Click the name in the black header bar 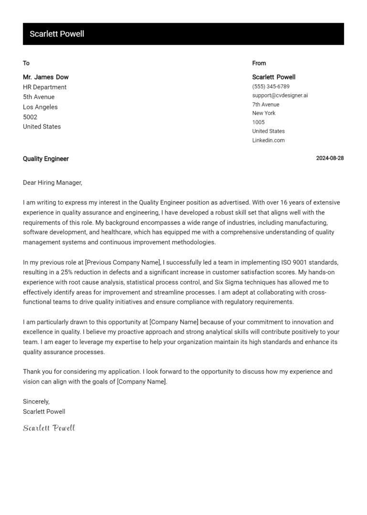point(57,34)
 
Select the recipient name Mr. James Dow point(45,77)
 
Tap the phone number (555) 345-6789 point(270,86)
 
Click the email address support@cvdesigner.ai point(280,96)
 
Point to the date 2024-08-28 point(330,159)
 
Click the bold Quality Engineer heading point(45,159)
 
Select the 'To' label point(26,63)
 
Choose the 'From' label point(259,63)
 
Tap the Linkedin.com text point(268,140)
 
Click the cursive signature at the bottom point(49,428)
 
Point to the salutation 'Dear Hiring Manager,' point(53,182)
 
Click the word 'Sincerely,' point(36,402)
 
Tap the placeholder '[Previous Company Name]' point(123,262)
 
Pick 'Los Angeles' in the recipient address point(40,107)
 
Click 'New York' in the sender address point(264,113)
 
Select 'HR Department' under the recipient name point(44,87)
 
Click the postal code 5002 point(30,117)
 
